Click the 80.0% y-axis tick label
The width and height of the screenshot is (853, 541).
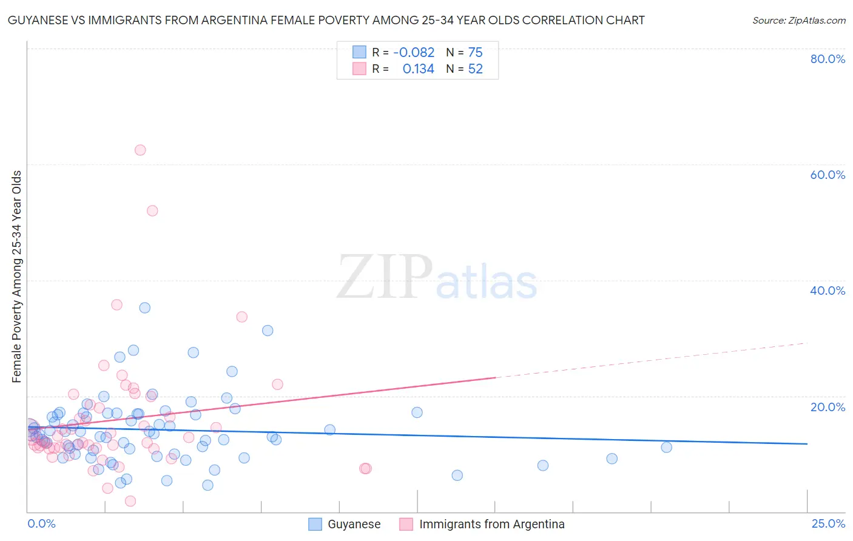(828, 59)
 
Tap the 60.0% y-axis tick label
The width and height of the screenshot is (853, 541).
(828, 175)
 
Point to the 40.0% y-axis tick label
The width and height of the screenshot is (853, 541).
(828, 291)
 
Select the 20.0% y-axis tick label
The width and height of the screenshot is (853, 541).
(828, 406)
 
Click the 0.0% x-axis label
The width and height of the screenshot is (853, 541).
(41, 523)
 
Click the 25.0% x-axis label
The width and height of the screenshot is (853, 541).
(828, 523)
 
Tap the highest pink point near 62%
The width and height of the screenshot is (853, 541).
(140, 150)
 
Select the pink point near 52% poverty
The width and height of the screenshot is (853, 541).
(152, 210)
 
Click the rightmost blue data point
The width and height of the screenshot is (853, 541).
(666, 447)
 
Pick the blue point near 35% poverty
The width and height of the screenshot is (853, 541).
(144, 307)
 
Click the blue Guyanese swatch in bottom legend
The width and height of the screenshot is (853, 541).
(315, 524)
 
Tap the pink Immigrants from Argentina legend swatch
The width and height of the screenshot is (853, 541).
(406, 524)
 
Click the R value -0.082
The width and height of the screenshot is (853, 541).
(414, 53)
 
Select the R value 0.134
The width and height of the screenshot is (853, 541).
(418, 69)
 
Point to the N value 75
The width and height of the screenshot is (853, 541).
(475, 53)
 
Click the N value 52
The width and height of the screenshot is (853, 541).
(475, 69)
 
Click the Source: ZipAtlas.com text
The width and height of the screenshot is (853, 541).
(798, 21)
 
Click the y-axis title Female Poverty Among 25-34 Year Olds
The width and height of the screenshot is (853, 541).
(17, 277)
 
